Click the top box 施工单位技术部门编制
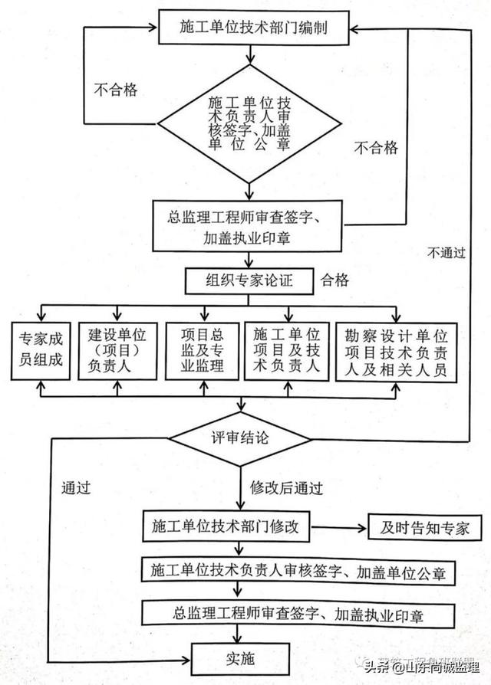tap(243, 28)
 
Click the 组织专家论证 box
tap(249, 280)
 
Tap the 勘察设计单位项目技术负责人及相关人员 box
tap(397, 350)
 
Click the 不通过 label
tap(447, 252)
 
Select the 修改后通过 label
tap(285, 487)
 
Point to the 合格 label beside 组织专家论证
tap(335, 280)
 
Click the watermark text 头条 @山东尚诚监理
tap(423, 667)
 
